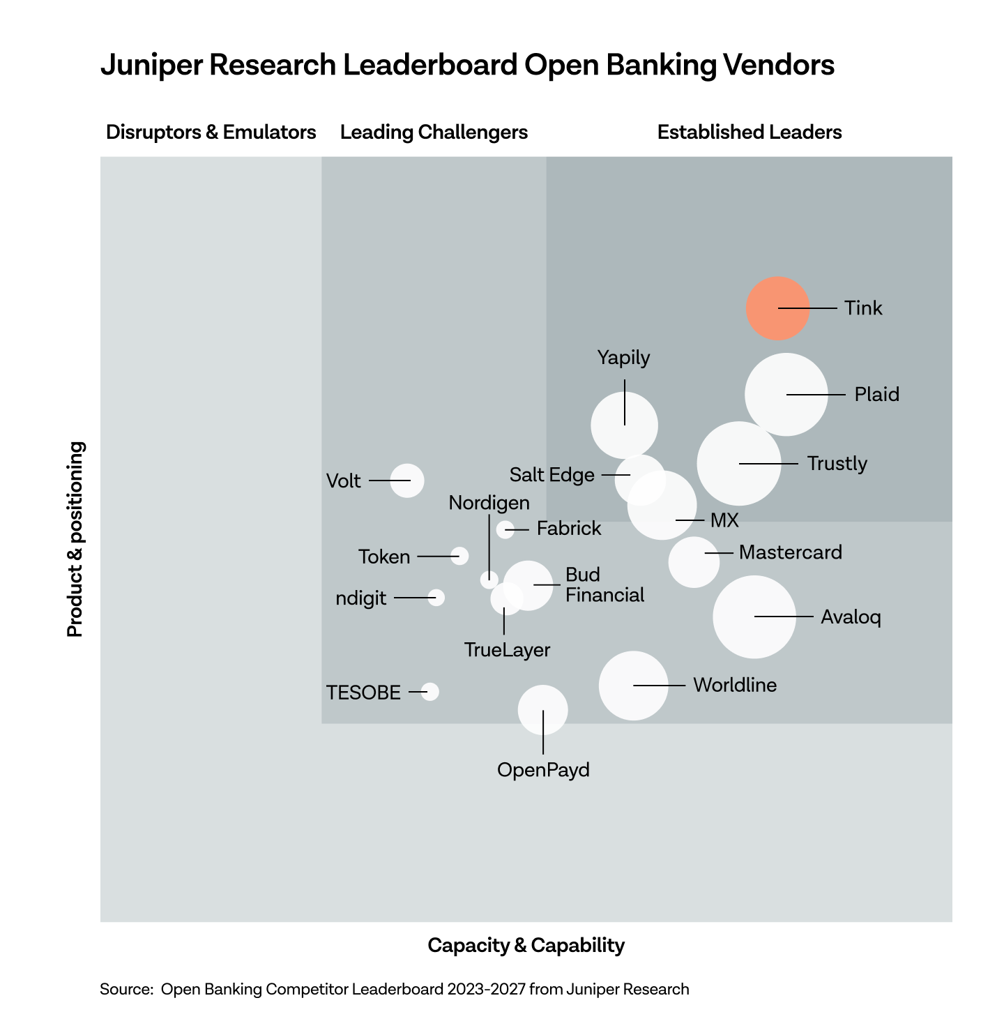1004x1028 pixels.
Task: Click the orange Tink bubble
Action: tap(777, 308)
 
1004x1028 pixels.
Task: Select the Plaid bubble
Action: tap(786, 395)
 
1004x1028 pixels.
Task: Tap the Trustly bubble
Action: tap(738, 464)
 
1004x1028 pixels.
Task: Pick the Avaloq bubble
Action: tap(754, 617)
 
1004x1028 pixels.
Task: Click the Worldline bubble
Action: tap(633, 685)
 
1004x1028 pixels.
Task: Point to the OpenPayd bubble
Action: tap(542, 710)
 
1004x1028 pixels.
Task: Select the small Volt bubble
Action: tap(407, 481)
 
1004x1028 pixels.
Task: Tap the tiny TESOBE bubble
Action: tap(430, 691)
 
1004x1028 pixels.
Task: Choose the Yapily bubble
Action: tap(624, 425)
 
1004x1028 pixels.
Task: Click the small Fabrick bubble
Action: tap(505, 529)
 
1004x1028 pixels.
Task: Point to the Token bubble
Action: tap(459, 556)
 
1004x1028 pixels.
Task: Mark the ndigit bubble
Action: tap(436, 597)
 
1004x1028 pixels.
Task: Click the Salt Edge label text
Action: tap(552, 475)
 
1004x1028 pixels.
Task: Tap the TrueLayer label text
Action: tap(507, 650)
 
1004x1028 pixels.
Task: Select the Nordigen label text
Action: tap(489, 503)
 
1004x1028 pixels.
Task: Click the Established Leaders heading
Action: tap(750, 132)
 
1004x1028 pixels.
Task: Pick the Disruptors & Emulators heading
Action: tap(211, 132)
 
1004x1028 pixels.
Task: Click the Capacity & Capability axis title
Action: tap(526, 945)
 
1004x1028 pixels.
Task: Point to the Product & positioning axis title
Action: tap(75, 538)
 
